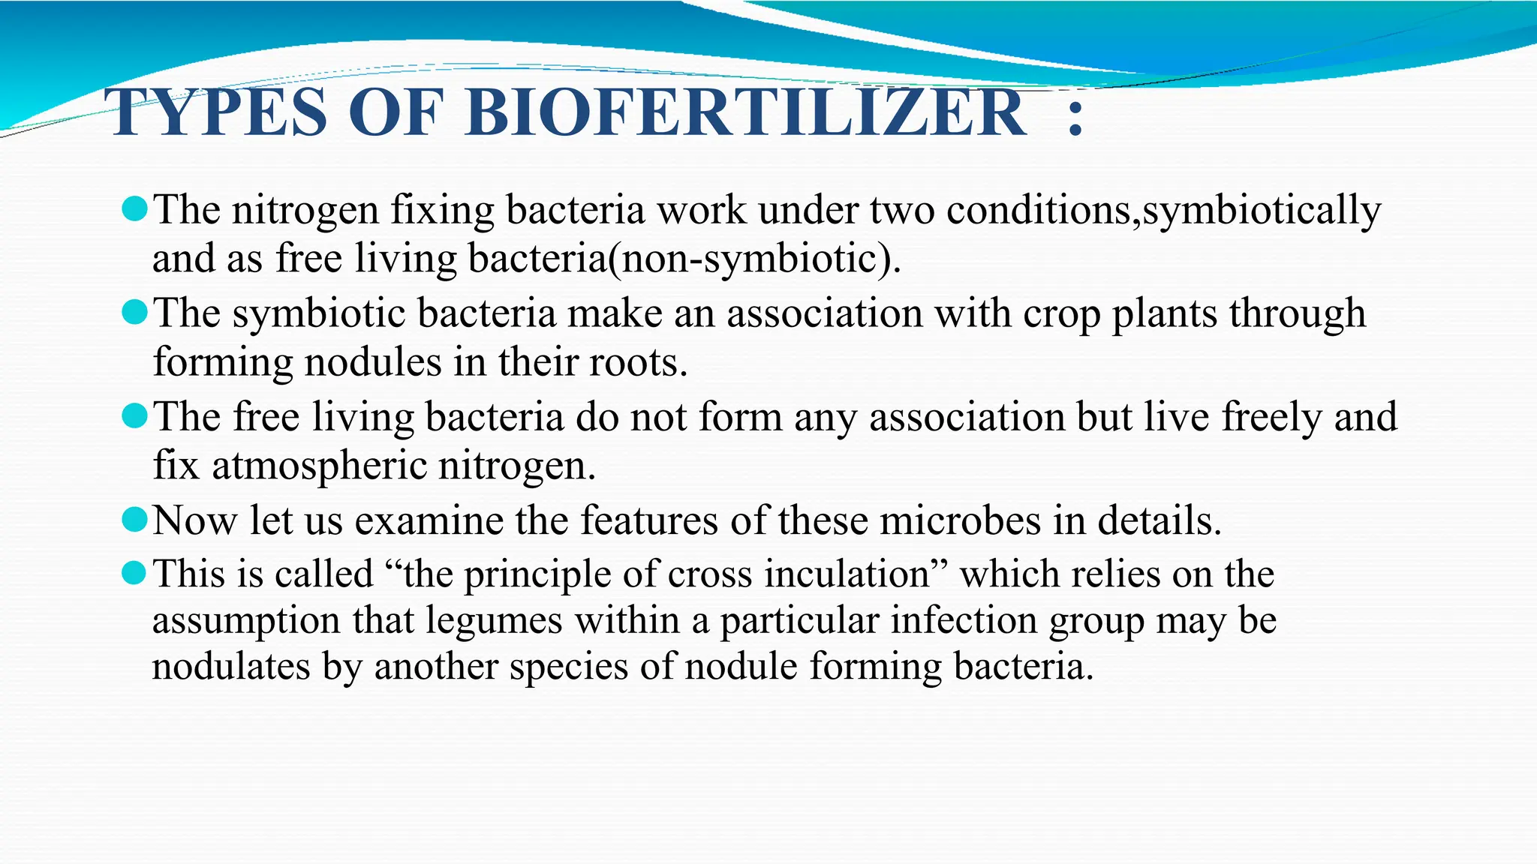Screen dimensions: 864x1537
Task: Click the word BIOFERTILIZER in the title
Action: click(x=745, y=113)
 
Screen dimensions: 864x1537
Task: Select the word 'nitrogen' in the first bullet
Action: click(x=305, y=210)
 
